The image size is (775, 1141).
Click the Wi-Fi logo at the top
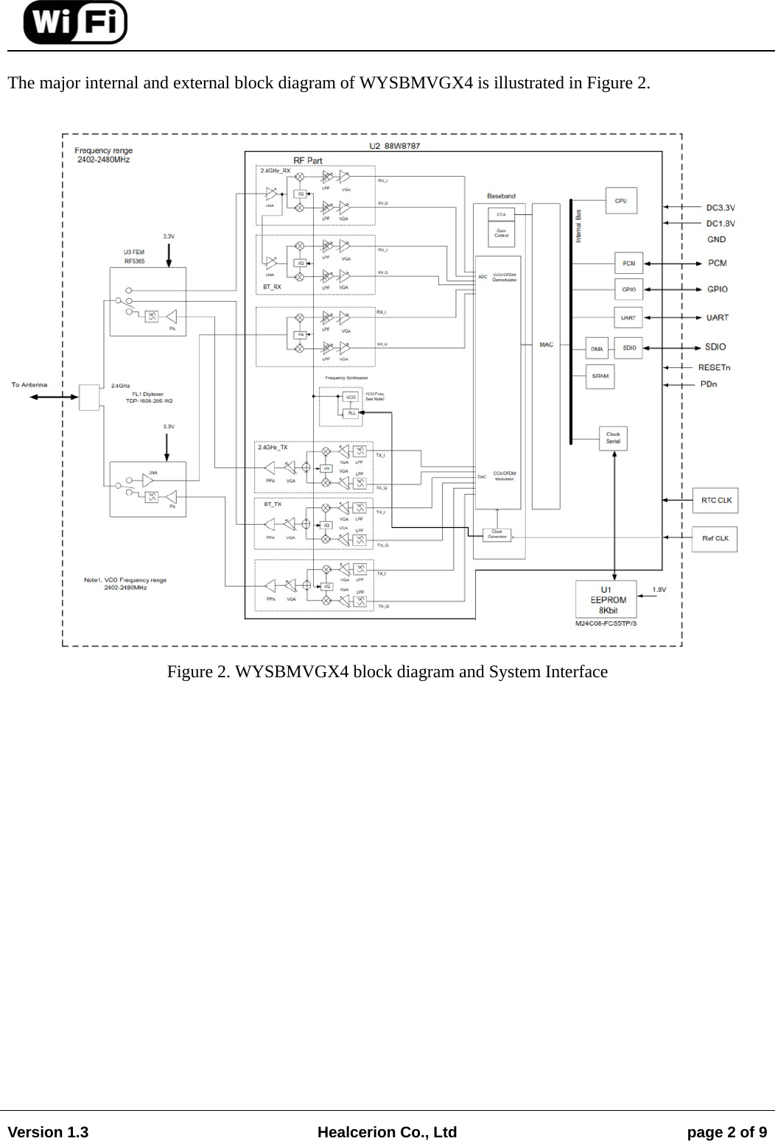[74, 22]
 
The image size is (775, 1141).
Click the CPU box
[620, 200]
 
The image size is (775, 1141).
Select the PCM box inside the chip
[628, 263]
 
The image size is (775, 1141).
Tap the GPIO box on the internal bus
[628, 289]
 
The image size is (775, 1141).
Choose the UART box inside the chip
[628, 317]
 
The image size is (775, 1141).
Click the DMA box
[597, 348]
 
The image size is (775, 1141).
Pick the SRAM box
[600, 376]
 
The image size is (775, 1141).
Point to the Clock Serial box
[612, 438]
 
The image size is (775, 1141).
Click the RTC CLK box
[715, 501]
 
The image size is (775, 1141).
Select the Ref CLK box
[715, 538]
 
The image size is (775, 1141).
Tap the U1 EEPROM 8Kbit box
[606, 600]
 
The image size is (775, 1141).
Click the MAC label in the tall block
[546, 345]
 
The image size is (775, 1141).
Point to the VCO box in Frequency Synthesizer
[351, 397]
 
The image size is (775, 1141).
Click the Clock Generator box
[497, 534]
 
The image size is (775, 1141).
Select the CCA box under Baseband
[501, 214]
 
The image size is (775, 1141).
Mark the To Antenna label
[29, 384]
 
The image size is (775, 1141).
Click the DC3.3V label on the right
[720, 208]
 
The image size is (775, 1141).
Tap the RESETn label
[714, 367]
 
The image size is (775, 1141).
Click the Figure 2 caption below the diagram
[387, 672]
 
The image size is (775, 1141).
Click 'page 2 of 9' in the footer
[726, 1132]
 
